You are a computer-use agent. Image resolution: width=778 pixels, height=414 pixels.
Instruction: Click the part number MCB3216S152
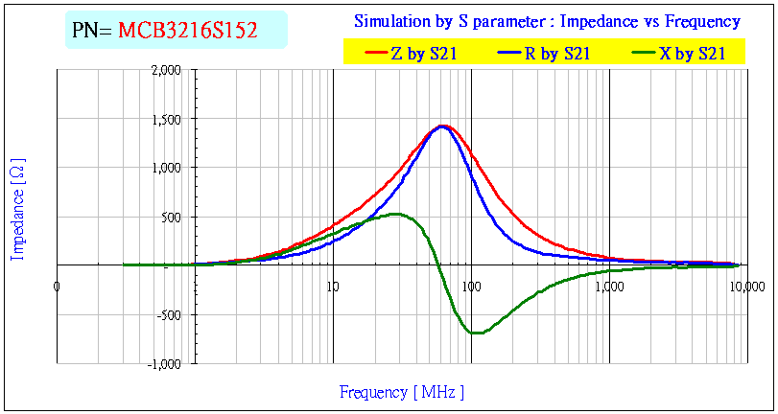tap(188, 31)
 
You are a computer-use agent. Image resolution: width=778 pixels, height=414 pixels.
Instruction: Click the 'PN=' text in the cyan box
tap(93, 31)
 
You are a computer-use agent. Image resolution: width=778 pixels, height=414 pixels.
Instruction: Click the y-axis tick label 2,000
tap(166, 70)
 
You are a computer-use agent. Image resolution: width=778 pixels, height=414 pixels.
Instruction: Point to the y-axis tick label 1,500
tap(166, 119)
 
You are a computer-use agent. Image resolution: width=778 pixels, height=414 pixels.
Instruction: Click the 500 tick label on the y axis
tap(172, 217)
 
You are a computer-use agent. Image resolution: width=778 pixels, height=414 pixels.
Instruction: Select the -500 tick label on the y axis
tap(170, 314)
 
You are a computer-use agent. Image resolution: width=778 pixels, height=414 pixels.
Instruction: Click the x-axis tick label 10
tap(332, 286)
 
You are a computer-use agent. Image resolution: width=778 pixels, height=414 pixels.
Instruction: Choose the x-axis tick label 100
tap(471, 286)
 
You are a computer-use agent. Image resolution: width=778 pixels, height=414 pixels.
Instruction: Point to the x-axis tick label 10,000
tap(748, 286)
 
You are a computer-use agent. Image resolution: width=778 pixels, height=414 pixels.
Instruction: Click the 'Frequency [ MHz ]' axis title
tap(402, 392)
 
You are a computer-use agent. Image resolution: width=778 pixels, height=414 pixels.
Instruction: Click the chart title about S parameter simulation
tap(547, 21)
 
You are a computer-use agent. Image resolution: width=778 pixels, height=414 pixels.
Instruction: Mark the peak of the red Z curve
tap(443, 125)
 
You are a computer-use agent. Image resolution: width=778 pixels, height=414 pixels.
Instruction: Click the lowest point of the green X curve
tap(477, 333)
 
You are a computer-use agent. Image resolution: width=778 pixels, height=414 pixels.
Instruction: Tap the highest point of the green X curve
tap(394, 214)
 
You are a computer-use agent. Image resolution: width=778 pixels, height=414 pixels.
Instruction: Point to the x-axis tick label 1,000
tap(608, 286)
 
